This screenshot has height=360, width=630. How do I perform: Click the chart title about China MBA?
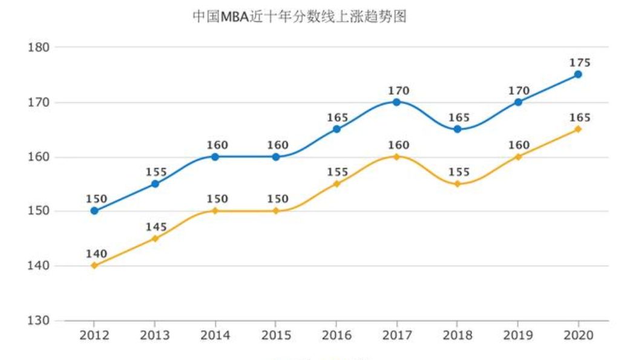pyautogui.click(x=299, y=16)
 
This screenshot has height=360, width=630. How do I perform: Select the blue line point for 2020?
pyautogui.click(x=578, y=74)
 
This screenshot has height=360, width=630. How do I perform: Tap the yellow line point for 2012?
pyautogui.click(x=94, y=266)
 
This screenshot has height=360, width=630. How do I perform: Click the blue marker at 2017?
pyautogui.click(x=396, y=102)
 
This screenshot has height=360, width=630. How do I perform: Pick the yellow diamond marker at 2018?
pyautogui.click(x=458, y=184)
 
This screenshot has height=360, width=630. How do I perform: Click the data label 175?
pyautogui.click(x=580, y=63)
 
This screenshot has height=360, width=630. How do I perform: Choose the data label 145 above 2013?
pyautogui.click(x=156, y=226)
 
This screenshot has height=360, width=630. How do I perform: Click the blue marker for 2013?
pyautogui.click(x=155, y=183)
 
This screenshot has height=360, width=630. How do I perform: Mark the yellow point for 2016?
pyautogui.click(x=336, y=184)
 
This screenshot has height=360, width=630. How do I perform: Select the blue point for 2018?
pyautogui.click(x=458, y=129)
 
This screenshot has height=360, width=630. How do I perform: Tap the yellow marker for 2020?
pyautogui.click(x=578, y=129)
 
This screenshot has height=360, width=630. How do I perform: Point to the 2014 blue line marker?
pyautogui.click(x=215, y=157)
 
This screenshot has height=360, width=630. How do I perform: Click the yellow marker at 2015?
pyautogui.click(x=275, y=211)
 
